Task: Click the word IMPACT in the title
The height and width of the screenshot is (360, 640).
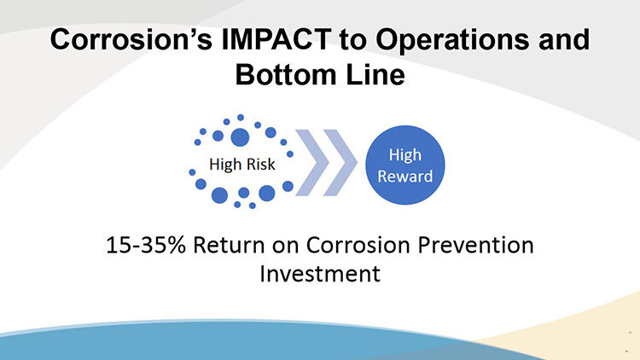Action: (276, 39)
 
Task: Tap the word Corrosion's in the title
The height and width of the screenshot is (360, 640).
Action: (131, 39)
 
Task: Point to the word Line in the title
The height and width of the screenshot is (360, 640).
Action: (375, 75)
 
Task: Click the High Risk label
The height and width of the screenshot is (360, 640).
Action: (242, 164)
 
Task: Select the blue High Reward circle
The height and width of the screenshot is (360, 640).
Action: (404, 165)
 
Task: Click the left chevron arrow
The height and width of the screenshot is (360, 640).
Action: (312, 162)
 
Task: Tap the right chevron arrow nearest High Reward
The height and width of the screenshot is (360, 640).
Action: (340, 162)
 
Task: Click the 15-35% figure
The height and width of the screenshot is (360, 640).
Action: (146, 246)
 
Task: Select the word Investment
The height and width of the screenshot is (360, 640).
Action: (320, 274)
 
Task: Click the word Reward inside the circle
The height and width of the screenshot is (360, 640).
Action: (404, 177)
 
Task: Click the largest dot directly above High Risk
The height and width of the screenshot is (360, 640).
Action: (240, 137)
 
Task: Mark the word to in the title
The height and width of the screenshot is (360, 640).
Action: (353, 40)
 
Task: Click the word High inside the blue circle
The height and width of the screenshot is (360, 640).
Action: (404, 155)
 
